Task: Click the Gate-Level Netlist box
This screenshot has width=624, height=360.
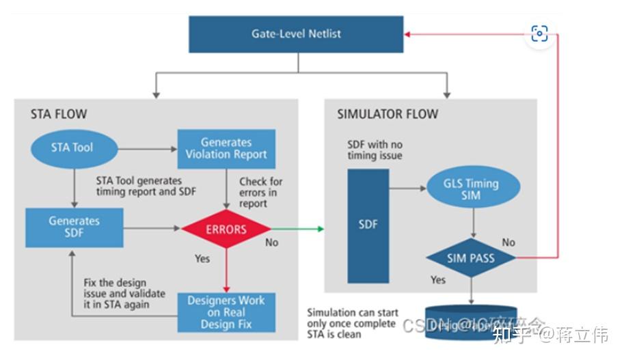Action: (296, 34)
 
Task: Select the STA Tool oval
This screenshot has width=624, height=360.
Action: (72, 148)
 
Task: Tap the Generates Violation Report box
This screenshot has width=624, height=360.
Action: (226, 148)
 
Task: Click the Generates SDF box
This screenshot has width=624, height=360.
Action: (74, 227)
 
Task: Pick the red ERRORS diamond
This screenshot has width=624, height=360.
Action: (226, 229)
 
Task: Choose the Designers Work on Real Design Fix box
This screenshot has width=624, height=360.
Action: (226, 312)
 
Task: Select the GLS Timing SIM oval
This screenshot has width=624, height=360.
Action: (472, 189)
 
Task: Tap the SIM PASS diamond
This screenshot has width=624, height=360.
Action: (471, 259)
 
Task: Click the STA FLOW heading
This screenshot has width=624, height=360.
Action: (59, 114)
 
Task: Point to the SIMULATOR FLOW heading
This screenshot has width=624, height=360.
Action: (388, 114)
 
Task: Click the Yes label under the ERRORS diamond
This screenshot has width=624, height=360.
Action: (203, 259)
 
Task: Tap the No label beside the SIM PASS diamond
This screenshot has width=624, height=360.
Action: (508, 243)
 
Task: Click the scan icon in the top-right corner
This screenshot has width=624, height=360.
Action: (539, 34)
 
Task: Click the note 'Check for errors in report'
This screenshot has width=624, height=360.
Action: (261, 192)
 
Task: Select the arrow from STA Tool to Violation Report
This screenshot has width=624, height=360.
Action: (147, 148)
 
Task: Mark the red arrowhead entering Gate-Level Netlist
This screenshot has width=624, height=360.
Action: (408, 33)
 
